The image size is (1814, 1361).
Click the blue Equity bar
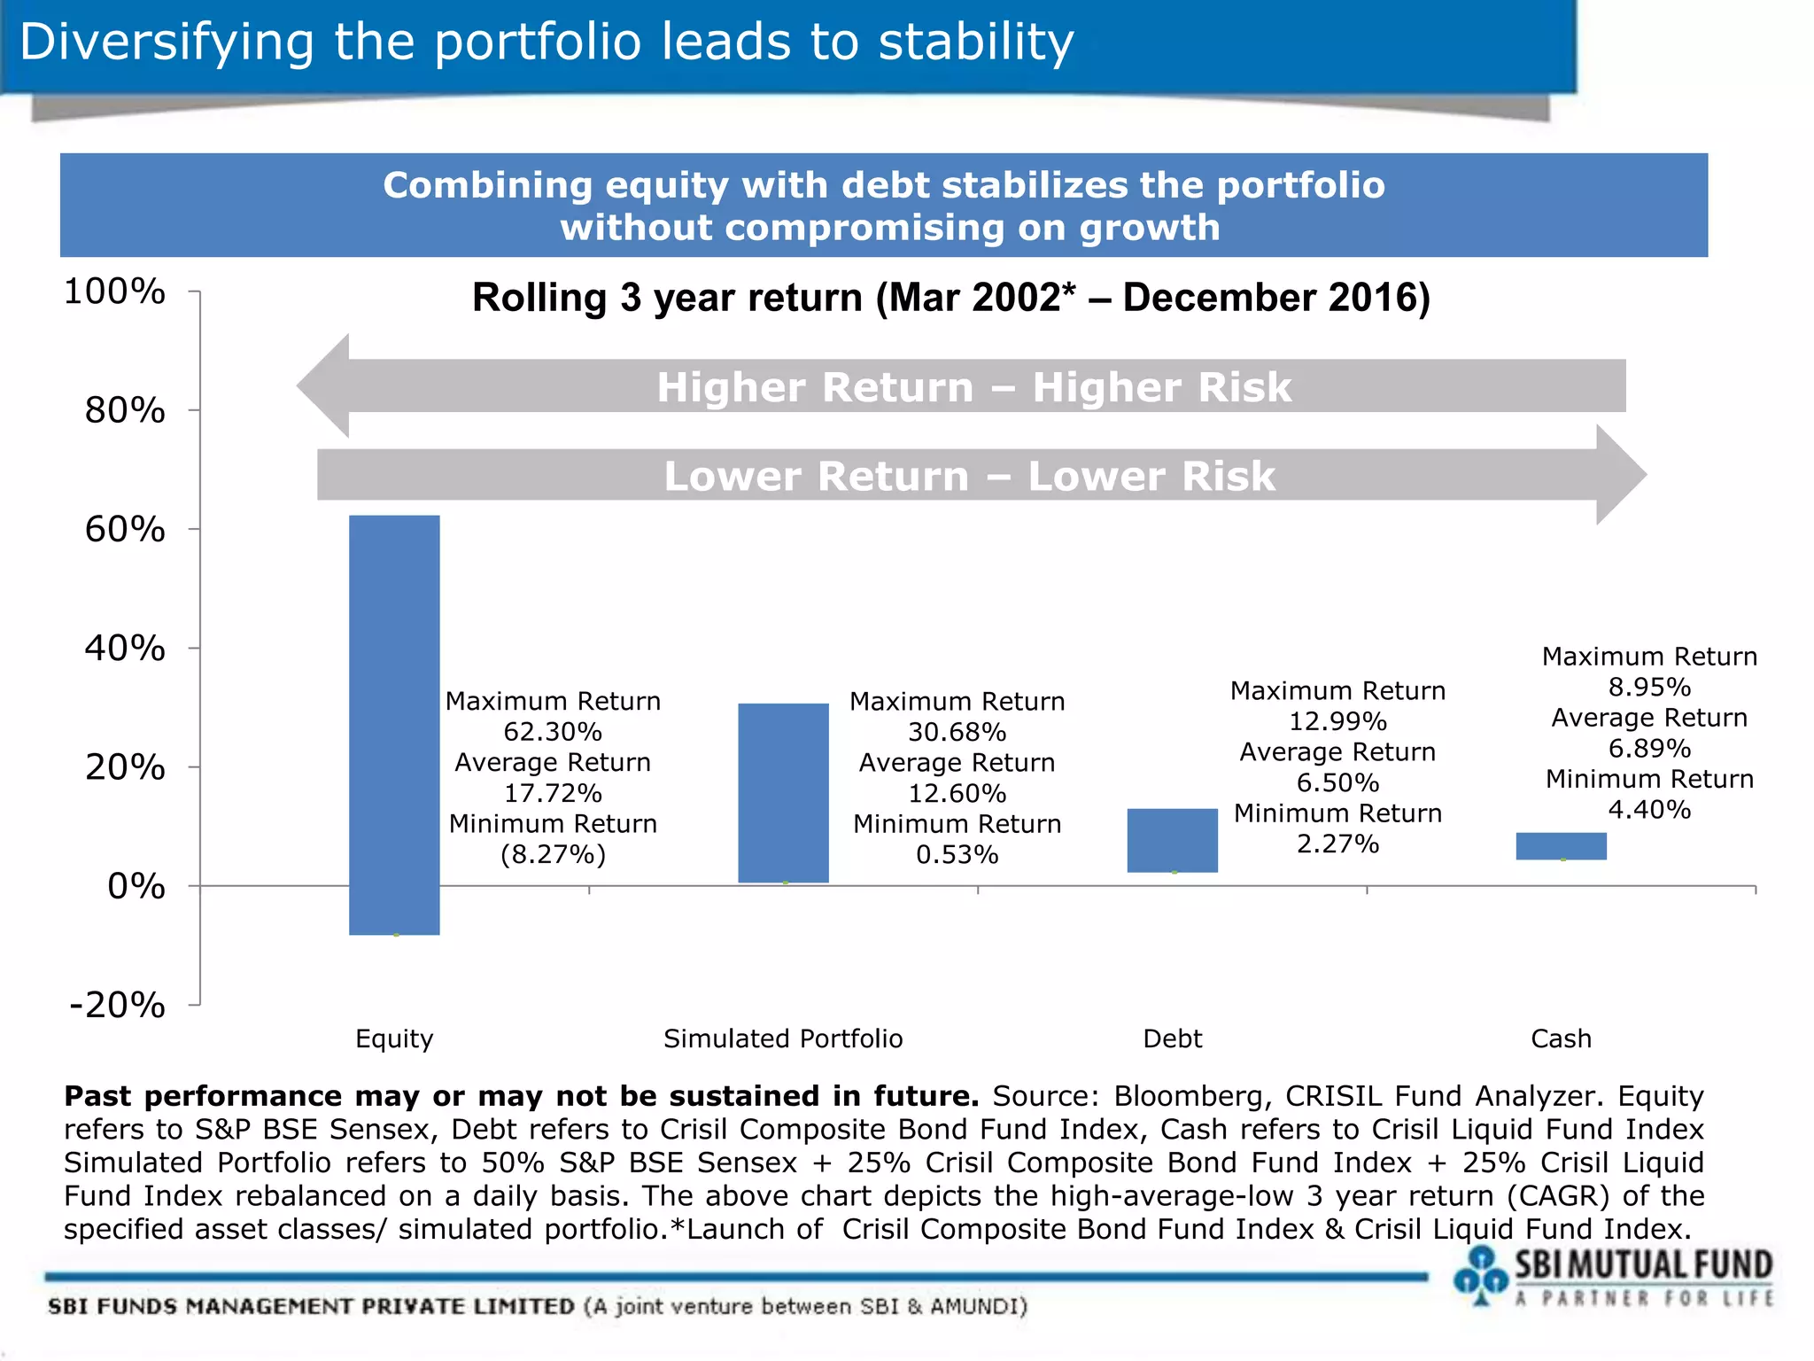(x=394, y=724)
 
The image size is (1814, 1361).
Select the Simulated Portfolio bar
(x=783, y=792)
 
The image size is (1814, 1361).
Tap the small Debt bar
(x=1172, y=840)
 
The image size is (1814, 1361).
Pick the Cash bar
(x=1561, y=845)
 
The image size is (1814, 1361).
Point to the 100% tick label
(x=115, y=292)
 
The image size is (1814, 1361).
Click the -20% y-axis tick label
(x=118, y=1006)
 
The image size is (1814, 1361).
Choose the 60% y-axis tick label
(x=125, y=530)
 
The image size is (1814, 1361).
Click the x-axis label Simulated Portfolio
(x=783, y=1038)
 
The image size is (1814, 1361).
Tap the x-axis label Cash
(x=1561, y=1038)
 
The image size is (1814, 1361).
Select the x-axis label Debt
(x=1172, y=1038)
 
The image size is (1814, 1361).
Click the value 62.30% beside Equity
(x=553, y=732)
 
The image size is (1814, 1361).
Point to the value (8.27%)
(x=553, y=854)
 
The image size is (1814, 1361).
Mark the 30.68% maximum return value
(x=957, y=732)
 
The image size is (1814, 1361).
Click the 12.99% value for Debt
(x=1337, y=721)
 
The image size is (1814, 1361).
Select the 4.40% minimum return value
(x=1649, y=809)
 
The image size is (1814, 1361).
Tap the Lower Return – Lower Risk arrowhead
(x=1620, y=475)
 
